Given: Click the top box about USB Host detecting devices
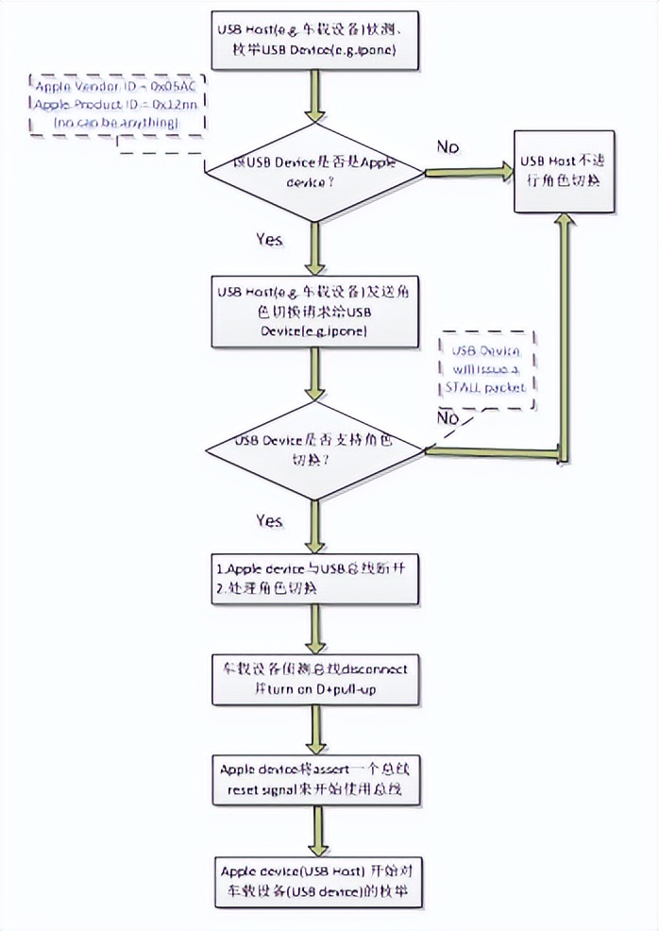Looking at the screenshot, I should (x=315, y=42).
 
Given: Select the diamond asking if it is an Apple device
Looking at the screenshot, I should (x=315, y=171).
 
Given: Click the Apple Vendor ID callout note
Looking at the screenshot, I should (x=116, y=104).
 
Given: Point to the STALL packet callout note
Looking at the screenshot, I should (x=485, y=369).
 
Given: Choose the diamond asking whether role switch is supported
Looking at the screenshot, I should (x=315, y=449).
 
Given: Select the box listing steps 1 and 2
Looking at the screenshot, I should (x=315, y=580).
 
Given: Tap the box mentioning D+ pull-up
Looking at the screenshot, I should (x=315, y=678).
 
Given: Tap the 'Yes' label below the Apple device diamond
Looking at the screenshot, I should (x=269, y=240).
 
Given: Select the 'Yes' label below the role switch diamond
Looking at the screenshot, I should (x=269, y=520).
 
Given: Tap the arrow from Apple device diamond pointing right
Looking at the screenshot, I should (x=466, y=172).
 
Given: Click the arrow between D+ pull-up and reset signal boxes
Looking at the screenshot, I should (x=315, y=727).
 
